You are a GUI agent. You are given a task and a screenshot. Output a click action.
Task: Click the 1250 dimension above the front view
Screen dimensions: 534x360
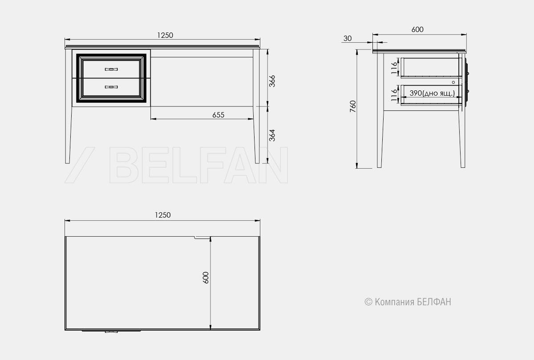[165, 35]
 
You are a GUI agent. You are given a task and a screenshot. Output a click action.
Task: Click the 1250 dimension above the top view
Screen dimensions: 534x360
[162, 215]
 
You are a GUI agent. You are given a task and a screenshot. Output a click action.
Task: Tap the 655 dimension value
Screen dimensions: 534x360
[218, 115]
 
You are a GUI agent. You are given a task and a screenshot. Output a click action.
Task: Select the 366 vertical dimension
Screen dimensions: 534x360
[272, 81]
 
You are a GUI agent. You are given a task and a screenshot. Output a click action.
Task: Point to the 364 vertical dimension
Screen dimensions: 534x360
[272, 135]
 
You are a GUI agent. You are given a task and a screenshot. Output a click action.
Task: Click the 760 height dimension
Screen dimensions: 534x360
[353, 106]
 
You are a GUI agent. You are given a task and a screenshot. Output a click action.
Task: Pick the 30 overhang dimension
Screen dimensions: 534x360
[348, 38]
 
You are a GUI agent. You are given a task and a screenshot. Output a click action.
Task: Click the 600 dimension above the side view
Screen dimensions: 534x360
[417, 29]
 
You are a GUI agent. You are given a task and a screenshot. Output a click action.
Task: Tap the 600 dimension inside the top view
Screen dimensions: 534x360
[206, 278]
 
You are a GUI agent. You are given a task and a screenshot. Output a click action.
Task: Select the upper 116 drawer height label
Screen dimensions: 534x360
[394, 68]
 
